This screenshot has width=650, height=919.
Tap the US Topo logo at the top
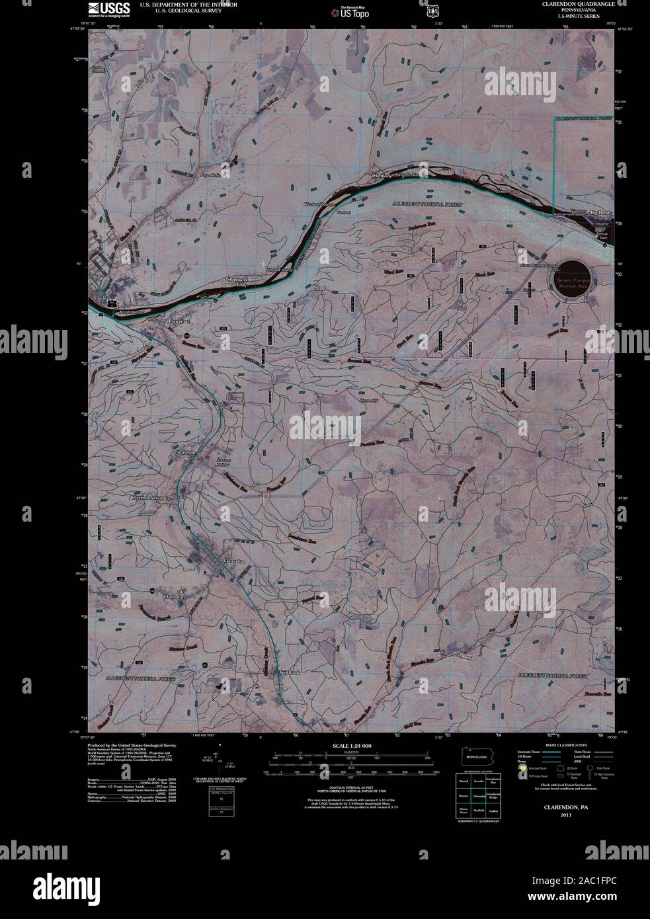click(350, 11)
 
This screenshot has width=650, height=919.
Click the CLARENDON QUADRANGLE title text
click(573, 4)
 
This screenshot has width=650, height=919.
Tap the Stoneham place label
click(187, 451)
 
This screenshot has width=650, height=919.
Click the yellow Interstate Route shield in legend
click(522, 768)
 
